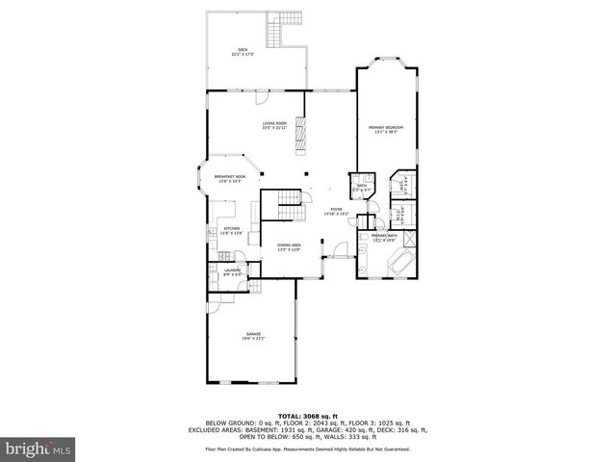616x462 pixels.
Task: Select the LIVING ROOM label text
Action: click(275, 126)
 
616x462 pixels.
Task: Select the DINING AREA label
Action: click(290, 247)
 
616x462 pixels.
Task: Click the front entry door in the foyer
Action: click(339, 251)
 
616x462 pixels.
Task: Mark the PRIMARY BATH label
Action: click(385, 238)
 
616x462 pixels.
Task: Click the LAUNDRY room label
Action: click(232, 272)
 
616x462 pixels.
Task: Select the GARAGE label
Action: click(252, 336)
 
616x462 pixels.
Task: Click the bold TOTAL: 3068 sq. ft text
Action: click(307, 413)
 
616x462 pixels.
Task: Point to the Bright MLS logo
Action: click(37, 448)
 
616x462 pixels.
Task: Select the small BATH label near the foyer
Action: click(361, 189)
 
